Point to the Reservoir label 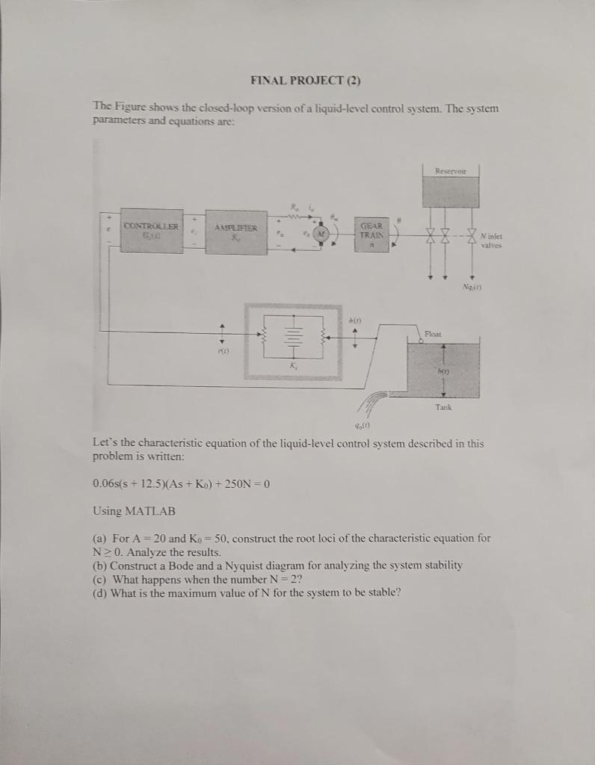450,171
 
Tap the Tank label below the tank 444,407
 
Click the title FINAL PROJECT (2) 297,81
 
